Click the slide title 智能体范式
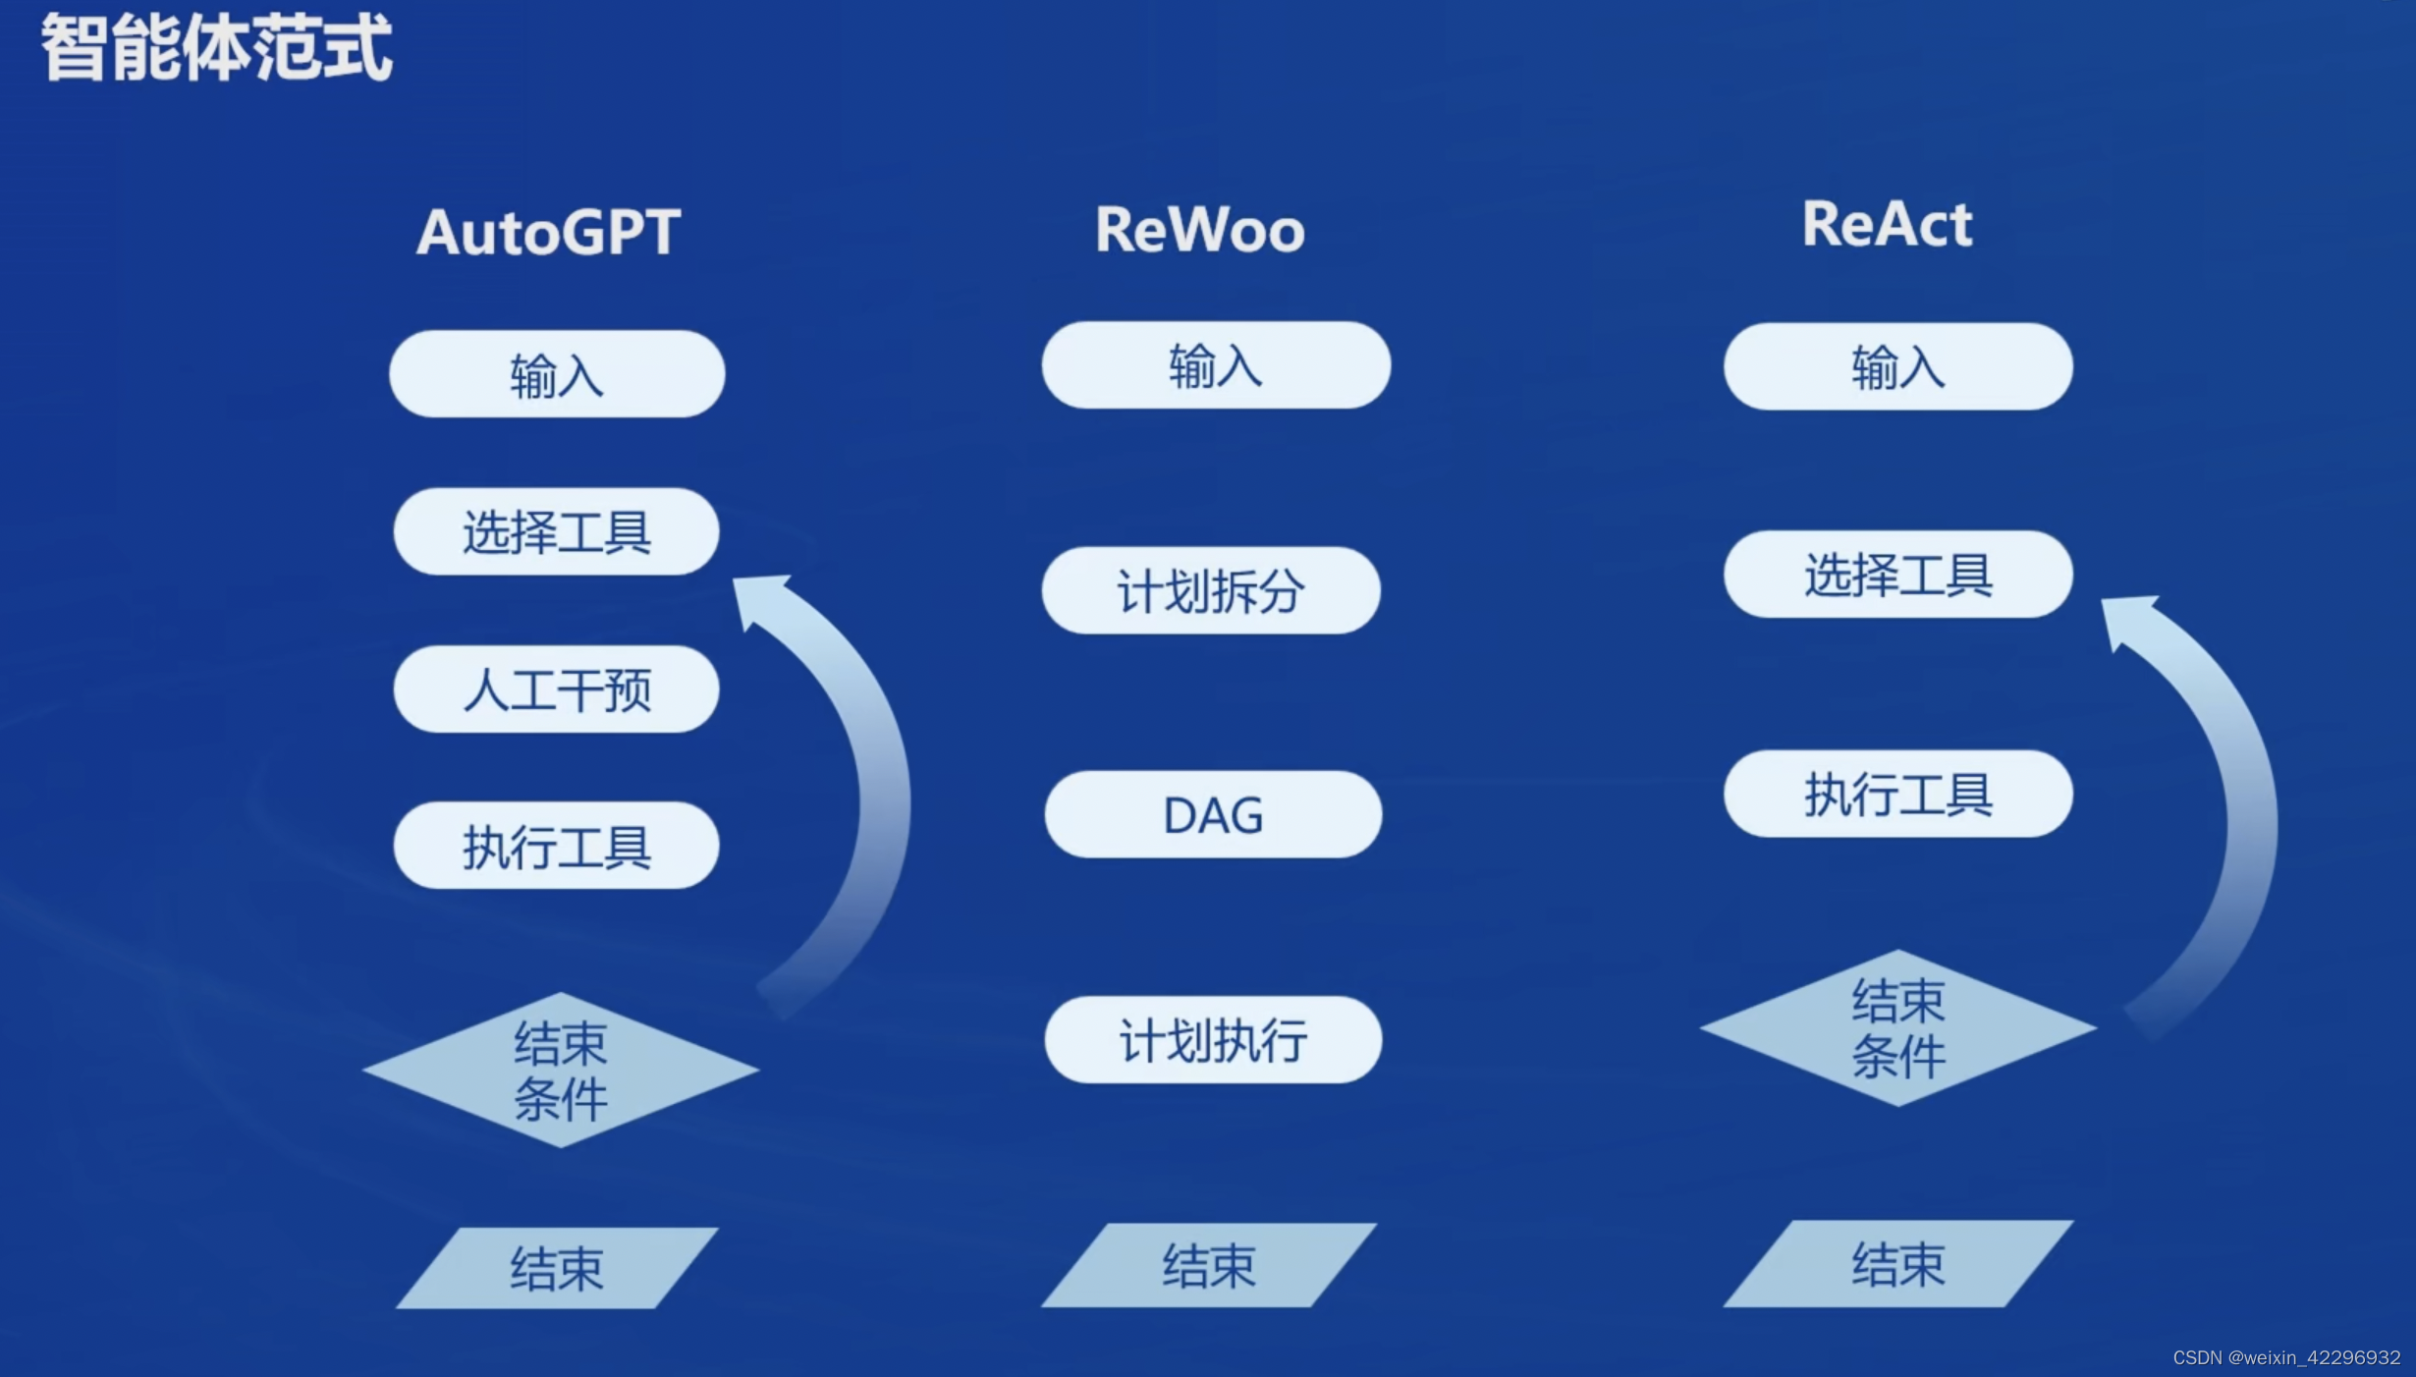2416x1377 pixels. coord(216,47)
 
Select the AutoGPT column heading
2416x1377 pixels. coord(548,233)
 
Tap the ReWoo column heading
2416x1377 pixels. coord(1199,230)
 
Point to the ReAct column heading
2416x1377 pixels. coord(1887,224)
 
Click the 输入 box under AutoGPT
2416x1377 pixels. coord(557,374)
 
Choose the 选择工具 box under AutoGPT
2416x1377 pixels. coord(557,531)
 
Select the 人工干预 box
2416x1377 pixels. coord(557,688)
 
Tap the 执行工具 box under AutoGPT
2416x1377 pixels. coord(557,846)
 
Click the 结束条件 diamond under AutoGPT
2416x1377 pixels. coord(561,1070)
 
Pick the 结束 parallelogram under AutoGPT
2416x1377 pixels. coord(557,1267)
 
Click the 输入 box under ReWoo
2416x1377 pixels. coord(1216,365)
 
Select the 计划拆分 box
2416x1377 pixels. coord(1211,590)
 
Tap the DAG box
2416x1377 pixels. coord(1213,814)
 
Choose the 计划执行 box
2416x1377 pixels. coord(1213,1040)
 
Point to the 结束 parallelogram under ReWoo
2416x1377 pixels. coord(1209,1265)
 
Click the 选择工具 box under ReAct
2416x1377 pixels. coord(1897,575)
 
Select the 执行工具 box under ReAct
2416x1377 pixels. coord(1897,794)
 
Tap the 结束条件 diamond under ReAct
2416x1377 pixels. coord(1897,1028)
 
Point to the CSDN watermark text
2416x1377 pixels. coord(2285,1357)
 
